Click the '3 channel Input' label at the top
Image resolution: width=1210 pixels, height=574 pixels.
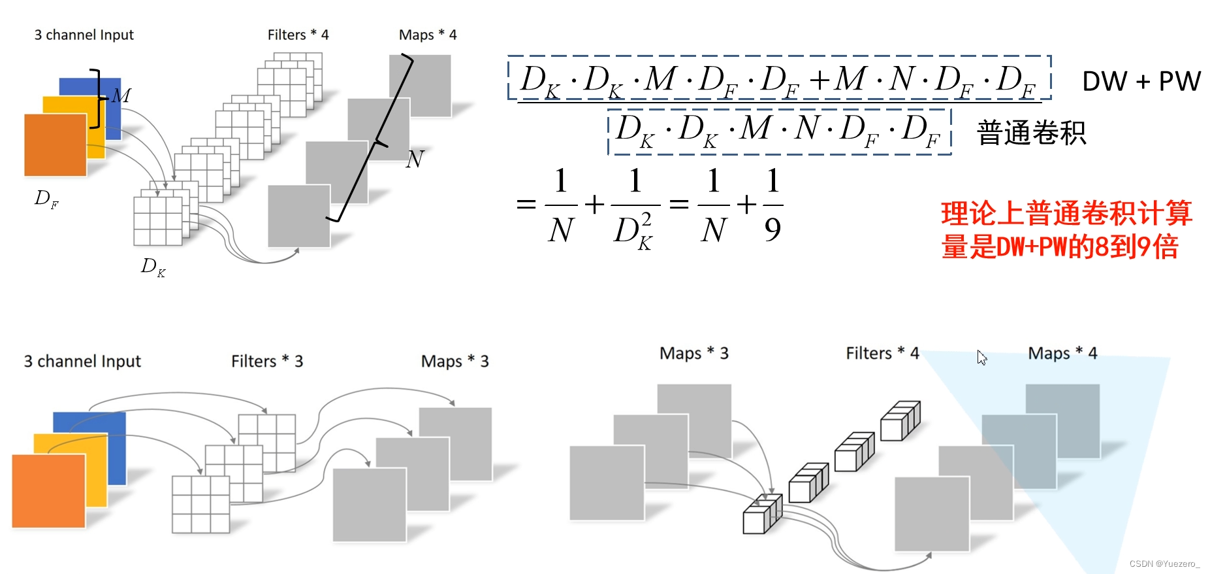84,35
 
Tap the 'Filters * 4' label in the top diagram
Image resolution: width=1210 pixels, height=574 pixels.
298,35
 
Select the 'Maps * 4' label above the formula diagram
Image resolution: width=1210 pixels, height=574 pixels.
428,35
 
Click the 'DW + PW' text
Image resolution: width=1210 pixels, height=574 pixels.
1141,81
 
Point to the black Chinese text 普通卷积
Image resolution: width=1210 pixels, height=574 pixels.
1031,133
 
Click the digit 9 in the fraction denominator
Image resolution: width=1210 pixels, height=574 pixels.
772,229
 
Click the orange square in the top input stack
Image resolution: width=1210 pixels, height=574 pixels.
56,145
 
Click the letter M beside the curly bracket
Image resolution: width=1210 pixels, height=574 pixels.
121,96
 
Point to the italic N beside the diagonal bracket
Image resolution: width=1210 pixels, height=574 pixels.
415,159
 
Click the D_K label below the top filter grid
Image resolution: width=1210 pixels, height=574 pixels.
153,266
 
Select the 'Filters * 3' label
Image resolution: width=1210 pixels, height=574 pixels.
267,361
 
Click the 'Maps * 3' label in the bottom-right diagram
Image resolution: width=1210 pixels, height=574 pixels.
693,353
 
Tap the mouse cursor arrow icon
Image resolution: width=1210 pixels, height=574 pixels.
981,357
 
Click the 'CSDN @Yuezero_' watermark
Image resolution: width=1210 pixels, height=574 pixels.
1164,564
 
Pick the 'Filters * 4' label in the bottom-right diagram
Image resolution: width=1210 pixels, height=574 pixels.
882,353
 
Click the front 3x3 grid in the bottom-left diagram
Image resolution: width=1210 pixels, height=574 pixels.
200,504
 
